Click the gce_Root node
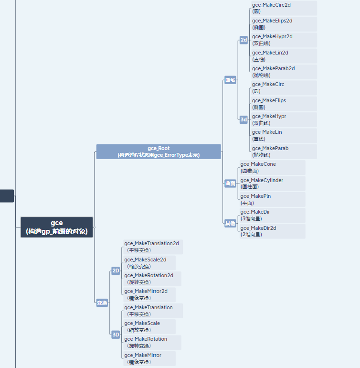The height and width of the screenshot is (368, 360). pyautogui.click(x=159, y=152)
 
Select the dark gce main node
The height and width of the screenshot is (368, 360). pyautogui.click(x=57, y=227)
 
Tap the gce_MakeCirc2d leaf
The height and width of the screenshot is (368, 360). pyautogui.click(x=284, y=8)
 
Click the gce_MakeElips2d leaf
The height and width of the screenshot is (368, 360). pyautogui.click(x=284, y=24)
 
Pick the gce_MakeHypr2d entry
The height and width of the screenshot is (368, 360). pyautogui.click(x=284, y=40)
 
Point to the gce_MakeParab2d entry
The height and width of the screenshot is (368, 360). pyautogui.click(x=284, y=72)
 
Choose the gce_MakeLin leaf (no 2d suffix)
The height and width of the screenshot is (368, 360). pyautogui.click(x=284, y=135)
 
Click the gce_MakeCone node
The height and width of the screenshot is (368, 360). pyautogui.click(x=272, y=167)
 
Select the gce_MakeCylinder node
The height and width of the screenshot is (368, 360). pyautogui.click(x=272, y=184)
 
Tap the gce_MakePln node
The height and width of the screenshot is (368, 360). pyautogui.click(x=272, y=199)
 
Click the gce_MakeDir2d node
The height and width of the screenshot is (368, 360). pyautogui.click(x=272, y=231)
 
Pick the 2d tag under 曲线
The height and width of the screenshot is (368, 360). pyautogui.click(x=244, y=40)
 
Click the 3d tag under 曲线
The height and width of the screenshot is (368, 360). pyautogui.click(x=244, y=119)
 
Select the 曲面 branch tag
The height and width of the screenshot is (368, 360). pyautogui.click(x=230, y=184)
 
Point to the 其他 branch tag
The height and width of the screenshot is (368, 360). pyautogui.click(x=230, y=223)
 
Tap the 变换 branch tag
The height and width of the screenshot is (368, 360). pyautogui.click(x=102, y=303)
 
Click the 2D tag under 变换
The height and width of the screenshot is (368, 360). pyautogui.click(x=116, y=271)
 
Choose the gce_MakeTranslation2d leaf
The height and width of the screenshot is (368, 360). pyautogui.click(x=153, y=247)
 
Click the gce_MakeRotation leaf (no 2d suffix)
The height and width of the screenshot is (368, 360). pyautogui.click(x=152, y=342)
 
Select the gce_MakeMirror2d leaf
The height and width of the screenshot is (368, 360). pyautogui.click(x=149, y=294)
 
